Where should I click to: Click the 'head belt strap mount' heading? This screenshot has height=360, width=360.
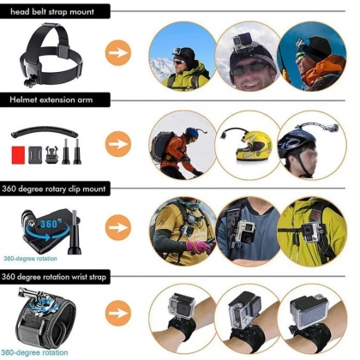pos(51,12)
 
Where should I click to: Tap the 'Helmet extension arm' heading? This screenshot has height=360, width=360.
pos(51,99)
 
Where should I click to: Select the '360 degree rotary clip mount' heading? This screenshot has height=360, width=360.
pos(53,189)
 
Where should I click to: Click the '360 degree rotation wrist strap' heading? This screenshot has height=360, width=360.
pos(54,277)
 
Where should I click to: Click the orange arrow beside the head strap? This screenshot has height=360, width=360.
pos(118,53)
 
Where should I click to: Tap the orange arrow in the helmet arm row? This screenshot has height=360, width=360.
pos(118,144)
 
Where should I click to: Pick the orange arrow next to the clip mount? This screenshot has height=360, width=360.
pos(118,228)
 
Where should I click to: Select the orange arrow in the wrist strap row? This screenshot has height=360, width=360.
pos(118,313)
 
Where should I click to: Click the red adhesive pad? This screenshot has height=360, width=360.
pos(18,155)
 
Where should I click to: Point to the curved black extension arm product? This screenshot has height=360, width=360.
pos(45,131)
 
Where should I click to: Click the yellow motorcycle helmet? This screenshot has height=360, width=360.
pos(254,146)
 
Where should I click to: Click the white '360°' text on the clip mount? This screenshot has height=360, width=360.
pos(51,224)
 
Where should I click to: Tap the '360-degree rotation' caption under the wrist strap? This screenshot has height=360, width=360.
pos(34,352)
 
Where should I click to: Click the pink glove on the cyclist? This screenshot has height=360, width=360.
pos(199,247)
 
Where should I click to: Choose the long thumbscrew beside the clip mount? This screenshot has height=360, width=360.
pos(75,232)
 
